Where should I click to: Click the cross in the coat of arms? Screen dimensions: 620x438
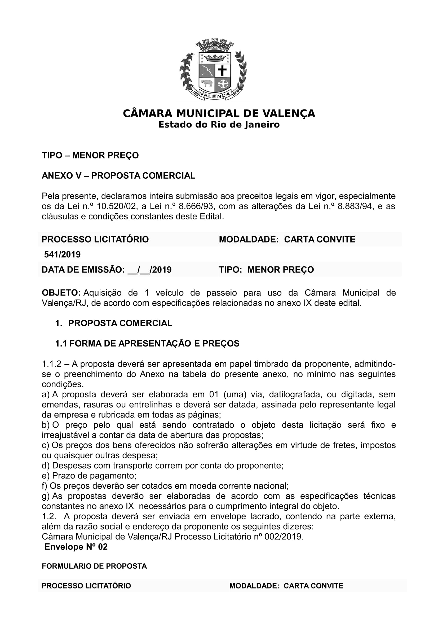point(222,71)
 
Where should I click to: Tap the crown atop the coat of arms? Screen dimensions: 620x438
point(215,57)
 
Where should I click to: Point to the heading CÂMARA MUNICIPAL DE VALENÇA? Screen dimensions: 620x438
point(219,113)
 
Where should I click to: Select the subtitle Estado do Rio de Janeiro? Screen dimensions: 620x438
point(219,125)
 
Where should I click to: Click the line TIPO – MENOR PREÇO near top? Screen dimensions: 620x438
point(90,155)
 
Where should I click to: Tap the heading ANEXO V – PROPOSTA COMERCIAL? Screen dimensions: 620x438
point(118,176)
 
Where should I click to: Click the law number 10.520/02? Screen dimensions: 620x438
point(116,206)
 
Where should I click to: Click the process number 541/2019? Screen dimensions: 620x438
point(62,255)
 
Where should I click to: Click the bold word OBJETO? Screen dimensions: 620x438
point(61,293)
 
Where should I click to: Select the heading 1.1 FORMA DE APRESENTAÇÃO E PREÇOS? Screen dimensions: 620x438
point(147,344)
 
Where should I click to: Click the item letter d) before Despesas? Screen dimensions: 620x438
point(46,466)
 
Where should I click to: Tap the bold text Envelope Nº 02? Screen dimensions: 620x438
point(76,547)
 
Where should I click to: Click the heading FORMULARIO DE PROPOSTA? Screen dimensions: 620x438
point(94,566)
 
